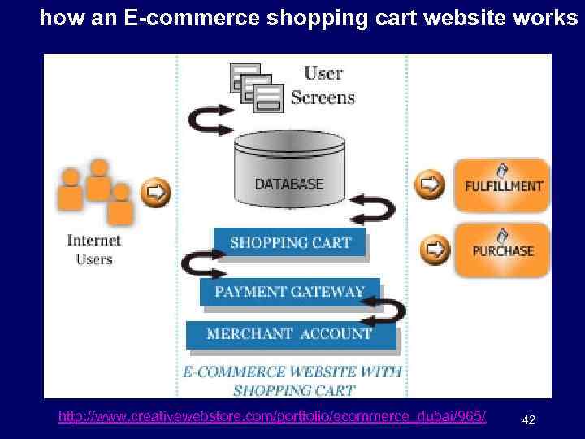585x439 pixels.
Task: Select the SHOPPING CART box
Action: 290,242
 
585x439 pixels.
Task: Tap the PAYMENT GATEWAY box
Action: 289,292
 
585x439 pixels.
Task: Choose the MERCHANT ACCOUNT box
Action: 289,334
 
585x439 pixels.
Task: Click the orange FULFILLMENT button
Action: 502,185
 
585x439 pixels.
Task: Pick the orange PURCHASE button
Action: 502,250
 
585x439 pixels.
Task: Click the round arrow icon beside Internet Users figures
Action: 157,193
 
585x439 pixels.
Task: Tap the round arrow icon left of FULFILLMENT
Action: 429,184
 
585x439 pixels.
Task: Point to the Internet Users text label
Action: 94,250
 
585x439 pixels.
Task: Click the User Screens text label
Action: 323,85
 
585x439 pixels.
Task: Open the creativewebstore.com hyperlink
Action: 272,417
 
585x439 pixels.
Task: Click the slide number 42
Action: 528,419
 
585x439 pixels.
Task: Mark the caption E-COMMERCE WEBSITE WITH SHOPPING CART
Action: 292,380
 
